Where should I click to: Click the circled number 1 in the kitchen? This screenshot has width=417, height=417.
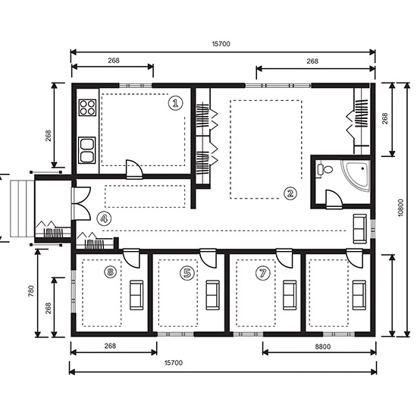[x=176, y=102]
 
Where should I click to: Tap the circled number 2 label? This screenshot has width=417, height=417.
[x=290, y=193]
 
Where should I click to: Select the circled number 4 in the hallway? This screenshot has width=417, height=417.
[x=104, y=218]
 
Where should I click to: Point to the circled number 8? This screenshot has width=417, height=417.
[x=111, y=271]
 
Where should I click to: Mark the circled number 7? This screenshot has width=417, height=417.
[x=263, y=272]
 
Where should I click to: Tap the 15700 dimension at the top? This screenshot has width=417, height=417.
[x=221, y=44]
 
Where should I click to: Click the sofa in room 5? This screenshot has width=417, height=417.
[x=213, y=294]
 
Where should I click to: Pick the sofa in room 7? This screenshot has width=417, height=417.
[x=289, y=294]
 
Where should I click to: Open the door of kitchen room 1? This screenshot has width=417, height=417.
[x=133, y=168]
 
